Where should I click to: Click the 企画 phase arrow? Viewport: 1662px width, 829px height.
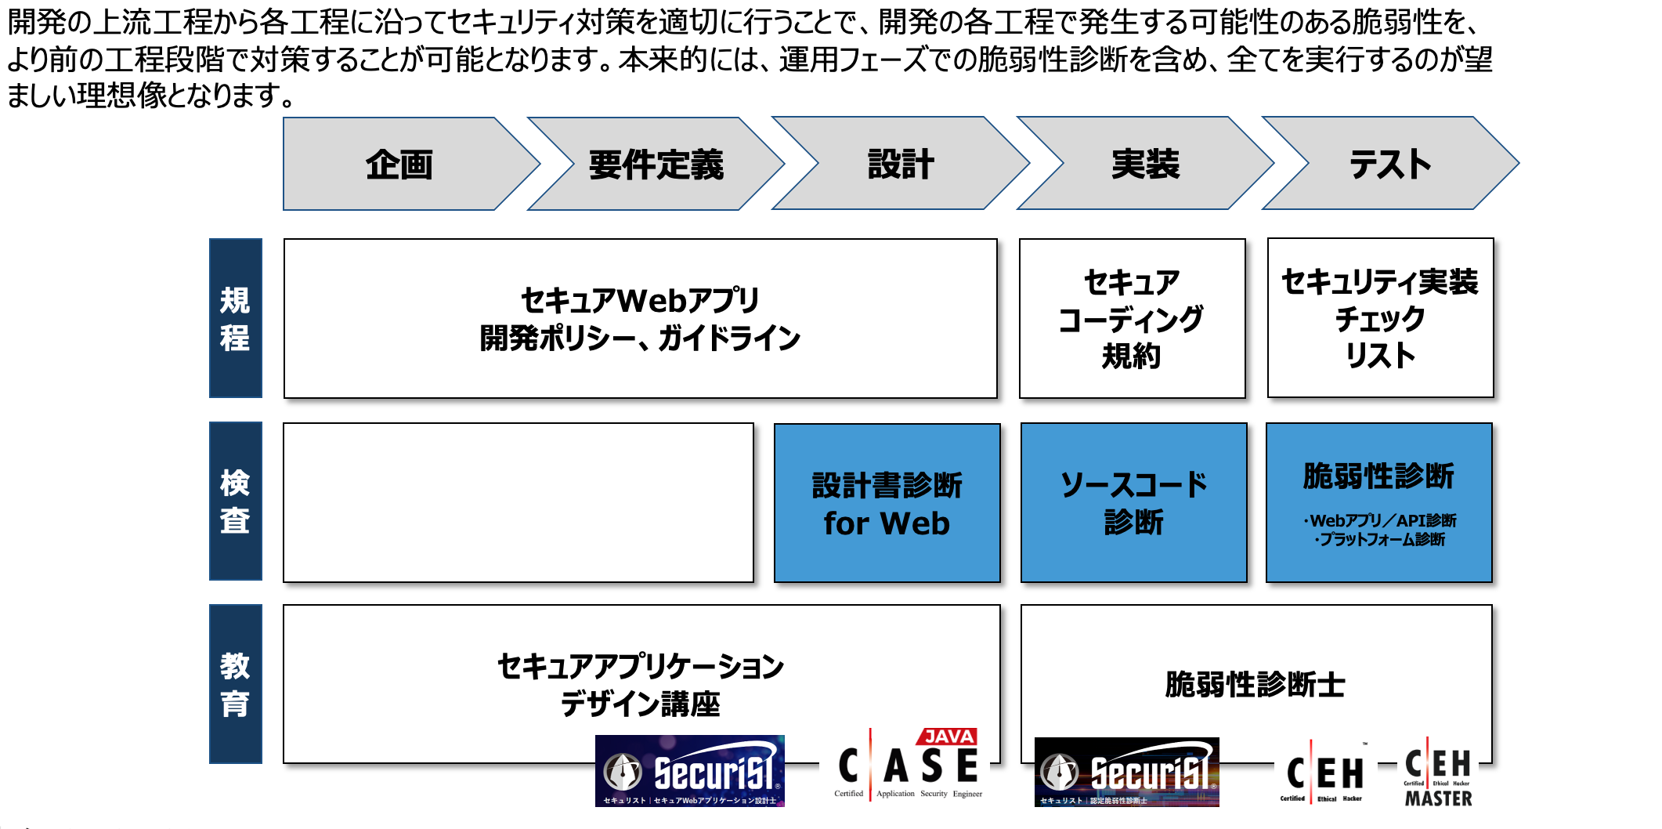(x=399, y=165)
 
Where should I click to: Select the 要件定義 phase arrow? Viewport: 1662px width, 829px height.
(x=656, y=165)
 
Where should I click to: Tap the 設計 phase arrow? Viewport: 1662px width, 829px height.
(x=901, y=165)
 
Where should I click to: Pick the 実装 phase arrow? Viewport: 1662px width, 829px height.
(x=1145, y=165)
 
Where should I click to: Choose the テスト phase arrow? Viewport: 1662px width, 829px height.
(x=1390, y=165)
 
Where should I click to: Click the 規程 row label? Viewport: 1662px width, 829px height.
(x=235, y=318)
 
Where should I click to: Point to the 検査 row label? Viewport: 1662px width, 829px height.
(x=235, y=501)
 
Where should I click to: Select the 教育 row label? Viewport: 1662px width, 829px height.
(x=235, y=684)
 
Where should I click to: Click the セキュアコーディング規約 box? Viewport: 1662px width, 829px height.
(x=1132, y=319)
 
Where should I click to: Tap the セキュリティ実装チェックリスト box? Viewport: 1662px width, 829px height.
(x=1380, y=318)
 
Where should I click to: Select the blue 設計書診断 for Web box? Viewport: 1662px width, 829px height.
(x=887, y=503)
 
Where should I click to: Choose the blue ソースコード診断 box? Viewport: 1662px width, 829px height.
(x=1133, y=503)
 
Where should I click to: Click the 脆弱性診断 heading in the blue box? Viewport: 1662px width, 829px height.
(x=1378, y=476)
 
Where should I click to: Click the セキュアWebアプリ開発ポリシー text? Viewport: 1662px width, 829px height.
(x=640, y=319)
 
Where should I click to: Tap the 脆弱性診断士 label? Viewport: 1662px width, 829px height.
(x=1255, y=684)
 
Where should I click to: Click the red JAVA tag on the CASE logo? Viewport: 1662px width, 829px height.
(x=948, y=737)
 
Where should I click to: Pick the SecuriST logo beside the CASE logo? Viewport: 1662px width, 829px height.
(x=690, y=771)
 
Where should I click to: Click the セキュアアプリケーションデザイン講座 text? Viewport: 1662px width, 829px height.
(x=640, y=684)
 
